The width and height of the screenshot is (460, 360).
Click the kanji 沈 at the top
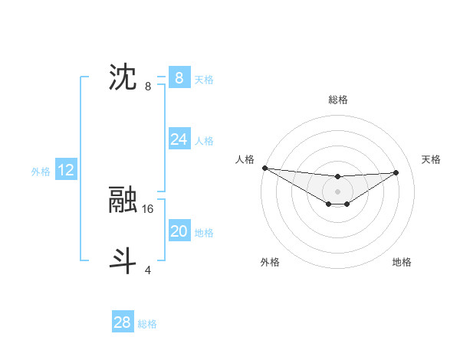(123, 78)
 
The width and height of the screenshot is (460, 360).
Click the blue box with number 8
(179, 78)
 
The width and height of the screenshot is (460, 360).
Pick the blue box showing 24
(179, 139)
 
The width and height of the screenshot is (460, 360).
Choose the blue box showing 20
(179, 231)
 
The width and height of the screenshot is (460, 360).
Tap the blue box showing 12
(66, 170)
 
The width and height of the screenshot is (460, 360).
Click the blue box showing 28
(123, 322)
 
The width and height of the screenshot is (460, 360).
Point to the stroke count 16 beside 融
(148, 208)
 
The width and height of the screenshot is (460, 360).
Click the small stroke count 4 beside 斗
(148, 270)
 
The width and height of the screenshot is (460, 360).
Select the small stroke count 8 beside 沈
(148, 86)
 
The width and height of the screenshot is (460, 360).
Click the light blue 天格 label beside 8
(204, 79)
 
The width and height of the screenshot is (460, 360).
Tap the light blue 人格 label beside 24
(204, 140)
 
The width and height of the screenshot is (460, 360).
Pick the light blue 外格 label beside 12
(41, 172)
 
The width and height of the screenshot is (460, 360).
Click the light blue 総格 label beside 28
(147, 324)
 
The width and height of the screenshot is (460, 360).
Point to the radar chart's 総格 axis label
(337, 100)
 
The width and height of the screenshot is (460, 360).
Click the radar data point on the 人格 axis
(264, 168)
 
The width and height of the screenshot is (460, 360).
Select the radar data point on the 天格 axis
(396, 172)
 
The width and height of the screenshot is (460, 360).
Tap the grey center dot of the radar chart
(337, 191)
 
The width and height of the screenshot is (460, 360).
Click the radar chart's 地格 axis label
(402, 262)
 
